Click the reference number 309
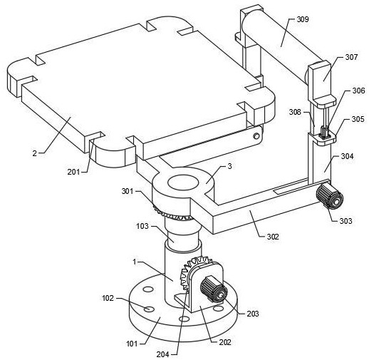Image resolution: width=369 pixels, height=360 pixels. pyautogui.click(x=303, y=19)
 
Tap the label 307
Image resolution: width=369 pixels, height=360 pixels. pyautogui.click(x=351, y=57)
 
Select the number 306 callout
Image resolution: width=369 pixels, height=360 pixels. pyautogui.click(x=358, y=91)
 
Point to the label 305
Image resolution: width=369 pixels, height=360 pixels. pyautogui.click(x=358, y=119)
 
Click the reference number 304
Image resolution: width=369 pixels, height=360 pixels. pyautogui.click(x=348, y=156)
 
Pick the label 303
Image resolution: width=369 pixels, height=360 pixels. pyautogui.click(x=345, y=221)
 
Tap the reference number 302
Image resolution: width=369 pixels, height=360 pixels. pyautogui.click(x=273, y=237)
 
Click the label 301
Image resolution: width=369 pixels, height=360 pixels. pyautogui.click(x=128, y=191)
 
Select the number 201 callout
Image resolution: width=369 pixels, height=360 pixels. pyautogui.click(x=73, y=172)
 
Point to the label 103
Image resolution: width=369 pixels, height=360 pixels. pyautogui.click(x=142, y=226)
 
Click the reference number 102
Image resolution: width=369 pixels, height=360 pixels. pyautogui.click(x=108, y=298)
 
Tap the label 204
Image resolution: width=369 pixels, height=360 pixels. pyautogui.click(x=162, y=354)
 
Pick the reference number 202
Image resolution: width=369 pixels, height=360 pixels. pyautogui.click(x=225, y=342)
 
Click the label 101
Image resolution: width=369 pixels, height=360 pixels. pyautogui.click(x=132, y=344)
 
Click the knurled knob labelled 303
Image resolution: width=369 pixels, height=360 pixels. pyautogui.click(x=330, y=197)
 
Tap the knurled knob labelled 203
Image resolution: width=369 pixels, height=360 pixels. pyautogui.click(x=214, y=289)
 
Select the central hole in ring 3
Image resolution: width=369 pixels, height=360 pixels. pyautogui.click(x=183, y=183)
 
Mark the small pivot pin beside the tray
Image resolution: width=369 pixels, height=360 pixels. pyautogui.click(x=256, y=136)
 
